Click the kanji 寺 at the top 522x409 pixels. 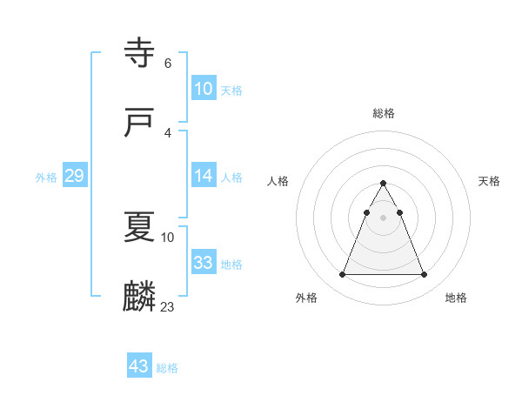click(140, 53)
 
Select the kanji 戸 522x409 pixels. click(140, 123)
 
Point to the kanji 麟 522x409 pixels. click(140, 297)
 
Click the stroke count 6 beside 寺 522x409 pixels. click(167, 63)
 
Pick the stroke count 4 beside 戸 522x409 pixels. click(167, 132)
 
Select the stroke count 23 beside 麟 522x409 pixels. click(168, 306)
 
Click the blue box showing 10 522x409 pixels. click(204, 89)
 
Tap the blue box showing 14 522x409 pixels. click(204, 176)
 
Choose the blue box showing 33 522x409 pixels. click(204, 263)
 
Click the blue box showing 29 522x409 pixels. click(74, 176)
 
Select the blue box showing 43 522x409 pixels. click(138, 366)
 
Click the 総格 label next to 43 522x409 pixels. click(167, 368)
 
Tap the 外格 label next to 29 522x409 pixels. click(46, 178)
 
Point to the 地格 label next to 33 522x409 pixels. click(231, 265)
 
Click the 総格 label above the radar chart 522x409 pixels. click(383, 113)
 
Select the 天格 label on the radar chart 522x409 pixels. click(489, 181)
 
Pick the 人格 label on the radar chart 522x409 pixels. click(278, 181)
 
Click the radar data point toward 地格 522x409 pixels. click(424, 275)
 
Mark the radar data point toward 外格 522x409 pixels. click(342, 275)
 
